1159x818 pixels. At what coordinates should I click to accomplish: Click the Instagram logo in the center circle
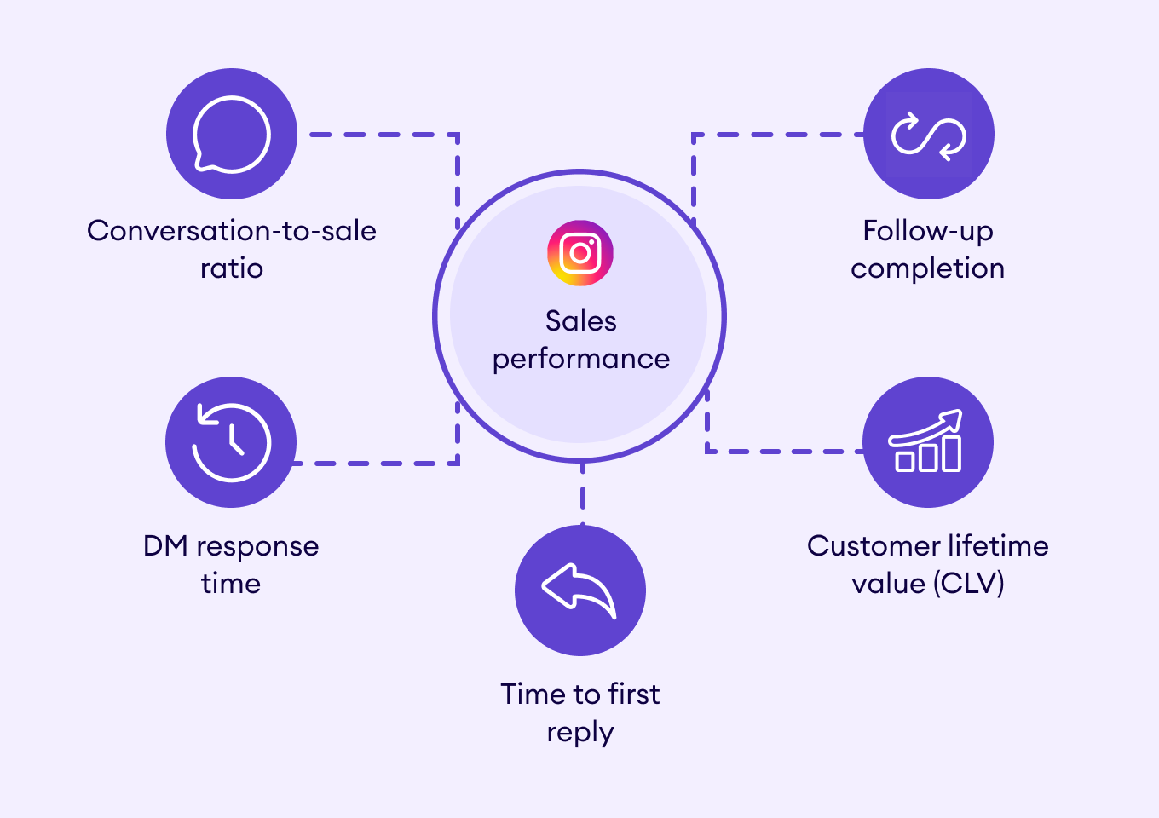[x=580, y=253]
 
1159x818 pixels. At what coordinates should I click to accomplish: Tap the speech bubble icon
[x=231, y=135]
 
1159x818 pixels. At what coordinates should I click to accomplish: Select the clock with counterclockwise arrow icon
[x=231, y=442]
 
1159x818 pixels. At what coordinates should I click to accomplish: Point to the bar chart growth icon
[x=927, y=442]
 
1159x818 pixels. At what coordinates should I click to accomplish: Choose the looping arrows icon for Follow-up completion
[x=928, y=135]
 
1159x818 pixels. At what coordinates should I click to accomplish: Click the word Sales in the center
[x=580, y=321]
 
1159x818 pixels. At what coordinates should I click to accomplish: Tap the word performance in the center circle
[x=580, y=359]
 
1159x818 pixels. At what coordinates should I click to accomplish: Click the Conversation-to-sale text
[x=231, y=231]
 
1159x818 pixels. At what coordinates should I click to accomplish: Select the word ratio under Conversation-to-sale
[x=231, y=268]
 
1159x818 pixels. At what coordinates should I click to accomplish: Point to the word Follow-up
[x=927, y=231]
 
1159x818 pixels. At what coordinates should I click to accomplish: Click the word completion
[x=927, y=268]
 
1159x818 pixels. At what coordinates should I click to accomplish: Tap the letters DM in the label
[x=165, y=546]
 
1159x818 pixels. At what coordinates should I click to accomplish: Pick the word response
[x=257, y=546]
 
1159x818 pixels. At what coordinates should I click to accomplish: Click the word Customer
[x=863, y=546]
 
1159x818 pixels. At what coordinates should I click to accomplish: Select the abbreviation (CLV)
[x=968, y=584]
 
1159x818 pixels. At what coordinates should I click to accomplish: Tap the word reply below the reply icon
[x=579, y=733]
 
